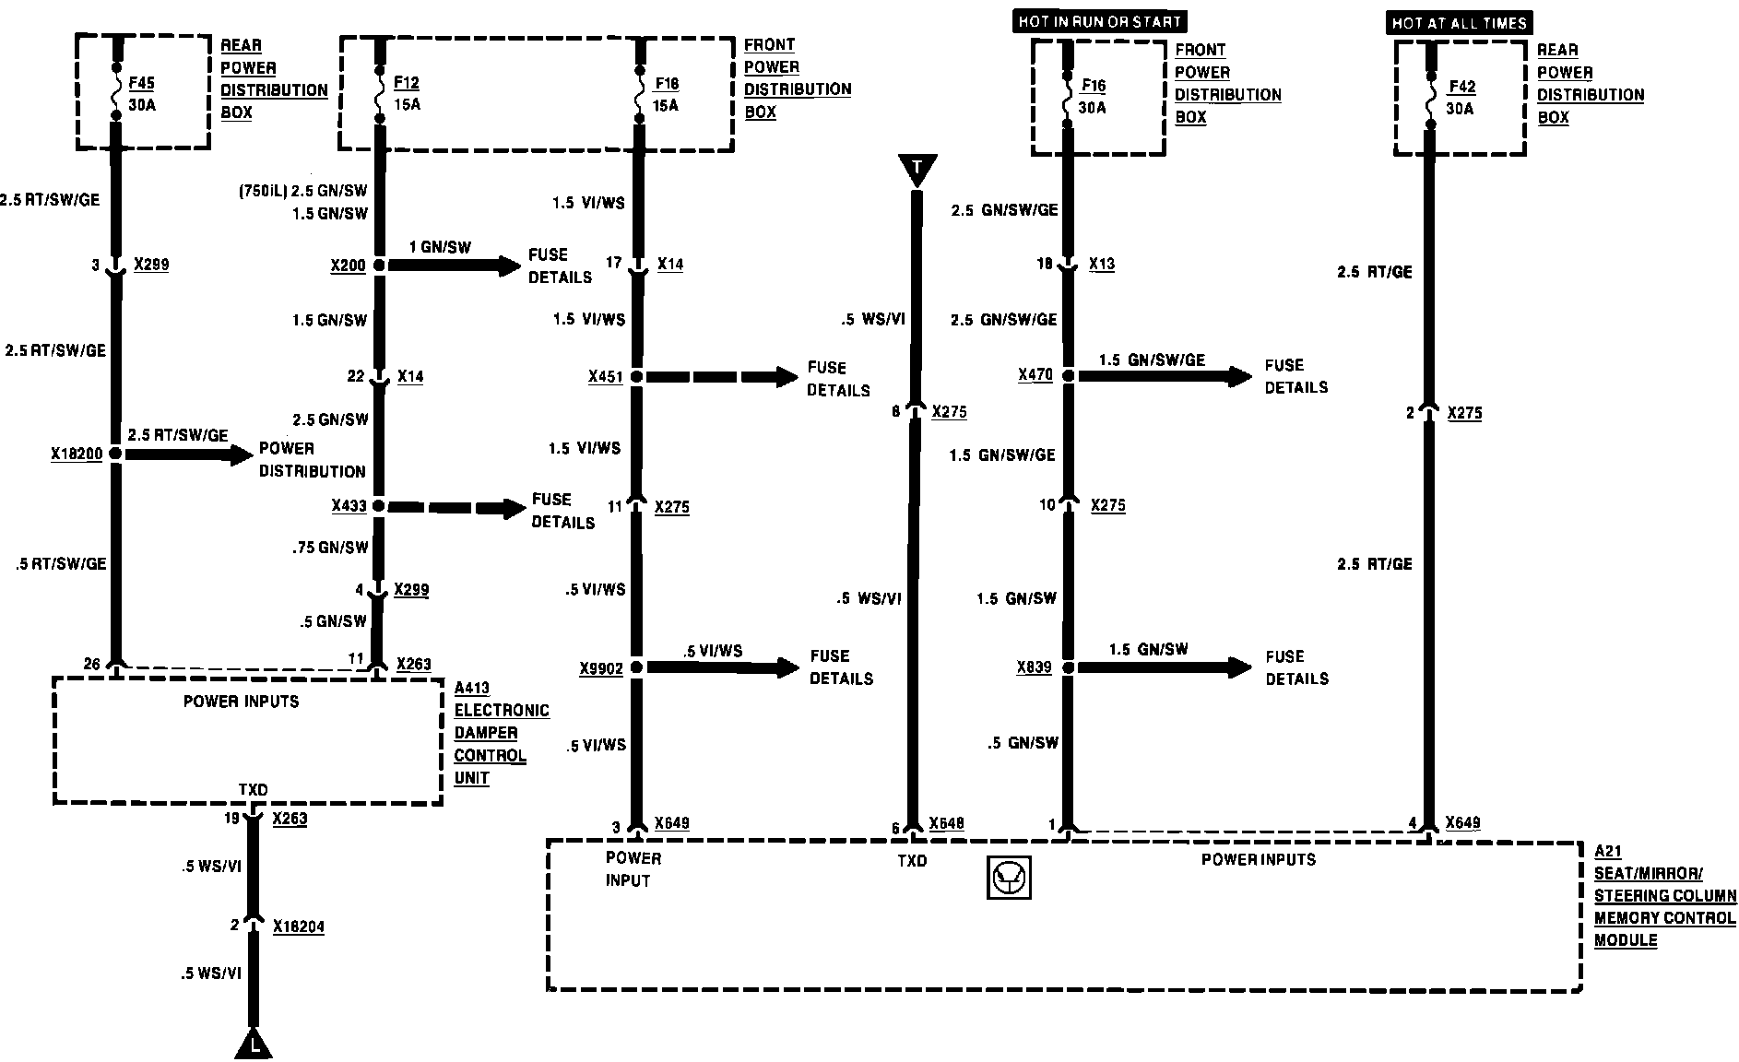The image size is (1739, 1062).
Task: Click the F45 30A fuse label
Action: tap(142, 93)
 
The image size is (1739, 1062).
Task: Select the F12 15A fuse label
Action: tap(407, 93)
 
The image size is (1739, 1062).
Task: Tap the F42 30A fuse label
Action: tap(1461, 97)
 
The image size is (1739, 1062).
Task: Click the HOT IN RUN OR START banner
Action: tap(1099, 21)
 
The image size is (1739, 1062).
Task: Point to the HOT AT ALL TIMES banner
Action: tap(1459, 22)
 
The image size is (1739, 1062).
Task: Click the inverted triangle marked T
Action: tap(917, 169)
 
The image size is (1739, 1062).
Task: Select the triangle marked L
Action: tap(254, 1044)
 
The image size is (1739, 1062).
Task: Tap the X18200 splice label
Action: tap(77, 454)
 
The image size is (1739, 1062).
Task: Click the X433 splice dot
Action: tap(378, 506)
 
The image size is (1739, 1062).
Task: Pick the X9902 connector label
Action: tap(601, 668)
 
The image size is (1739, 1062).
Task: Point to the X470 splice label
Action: tap(1035, 375)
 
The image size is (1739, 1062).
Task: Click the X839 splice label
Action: tap(1034, 667)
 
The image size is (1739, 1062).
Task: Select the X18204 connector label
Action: tap(299, 926)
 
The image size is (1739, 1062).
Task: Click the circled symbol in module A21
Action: tap(1009, 878)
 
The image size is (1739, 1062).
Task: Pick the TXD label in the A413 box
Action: tap(253, 790)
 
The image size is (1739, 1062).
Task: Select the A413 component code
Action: tap(472, 688)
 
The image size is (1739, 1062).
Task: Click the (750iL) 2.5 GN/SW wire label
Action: tap(302, 192)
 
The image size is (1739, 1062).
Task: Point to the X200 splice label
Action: tap(348, 265)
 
